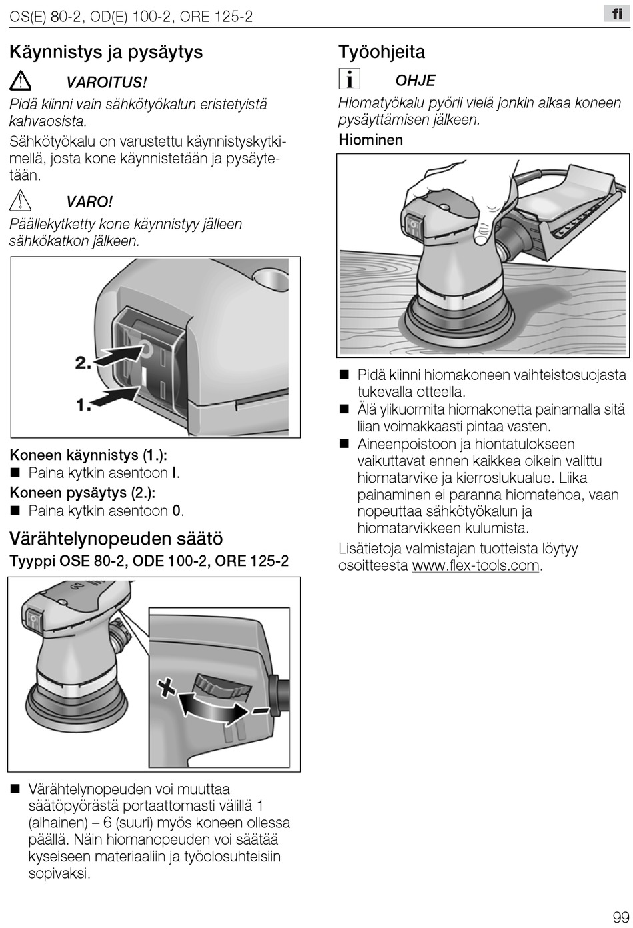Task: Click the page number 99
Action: point(621,917)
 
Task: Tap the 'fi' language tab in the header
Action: point(617,14)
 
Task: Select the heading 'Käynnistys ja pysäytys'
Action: point(106,53)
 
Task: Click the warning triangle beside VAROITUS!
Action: point(20,81)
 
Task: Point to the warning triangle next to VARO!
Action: point(20,201)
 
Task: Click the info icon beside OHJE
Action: point(349,79)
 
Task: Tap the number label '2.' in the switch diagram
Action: point(83,363)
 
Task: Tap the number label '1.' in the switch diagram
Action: point(83,404)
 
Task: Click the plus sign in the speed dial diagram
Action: point(167,688)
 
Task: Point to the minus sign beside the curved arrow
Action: point(260,711)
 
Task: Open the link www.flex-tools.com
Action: point(476,565)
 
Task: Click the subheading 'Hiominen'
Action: point(371,139)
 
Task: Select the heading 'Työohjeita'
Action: point(382,52)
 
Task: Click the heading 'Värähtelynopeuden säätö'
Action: point(116,539)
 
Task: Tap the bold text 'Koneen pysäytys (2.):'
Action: point(83,493)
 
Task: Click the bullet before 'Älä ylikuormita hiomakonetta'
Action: point(344,409)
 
